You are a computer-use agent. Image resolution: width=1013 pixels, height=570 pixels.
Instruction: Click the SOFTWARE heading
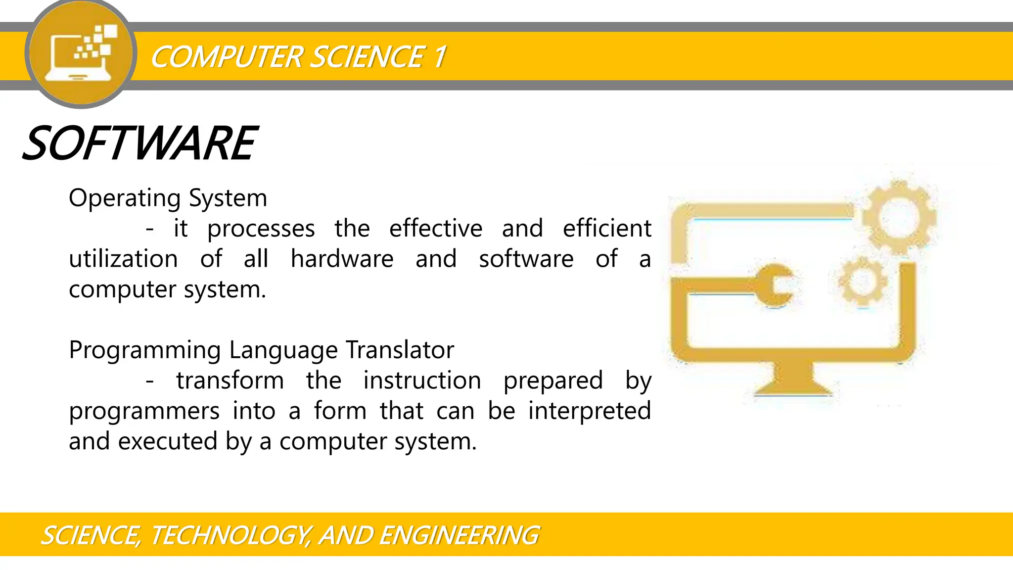140,143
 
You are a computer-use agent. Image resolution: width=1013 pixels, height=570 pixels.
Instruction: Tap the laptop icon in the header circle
81,54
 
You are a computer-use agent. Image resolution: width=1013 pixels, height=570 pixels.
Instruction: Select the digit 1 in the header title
440,56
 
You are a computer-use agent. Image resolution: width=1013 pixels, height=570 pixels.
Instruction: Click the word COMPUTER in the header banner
227,56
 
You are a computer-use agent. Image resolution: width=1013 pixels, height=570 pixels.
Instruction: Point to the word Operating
124,198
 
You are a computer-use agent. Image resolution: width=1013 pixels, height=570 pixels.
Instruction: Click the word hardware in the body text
342,259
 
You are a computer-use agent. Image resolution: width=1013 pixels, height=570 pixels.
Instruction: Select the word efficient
607,229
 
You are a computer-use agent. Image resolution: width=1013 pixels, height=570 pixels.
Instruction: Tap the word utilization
123,259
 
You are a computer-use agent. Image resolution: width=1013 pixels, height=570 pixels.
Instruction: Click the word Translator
400,350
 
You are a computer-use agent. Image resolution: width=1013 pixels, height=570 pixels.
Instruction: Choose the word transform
230,380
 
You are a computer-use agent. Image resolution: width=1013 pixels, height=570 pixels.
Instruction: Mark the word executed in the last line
168,441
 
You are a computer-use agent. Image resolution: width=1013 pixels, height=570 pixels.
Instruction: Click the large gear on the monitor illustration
899,217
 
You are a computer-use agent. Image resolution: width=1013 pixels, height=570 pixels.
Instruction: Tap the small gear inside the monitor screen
863,281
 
